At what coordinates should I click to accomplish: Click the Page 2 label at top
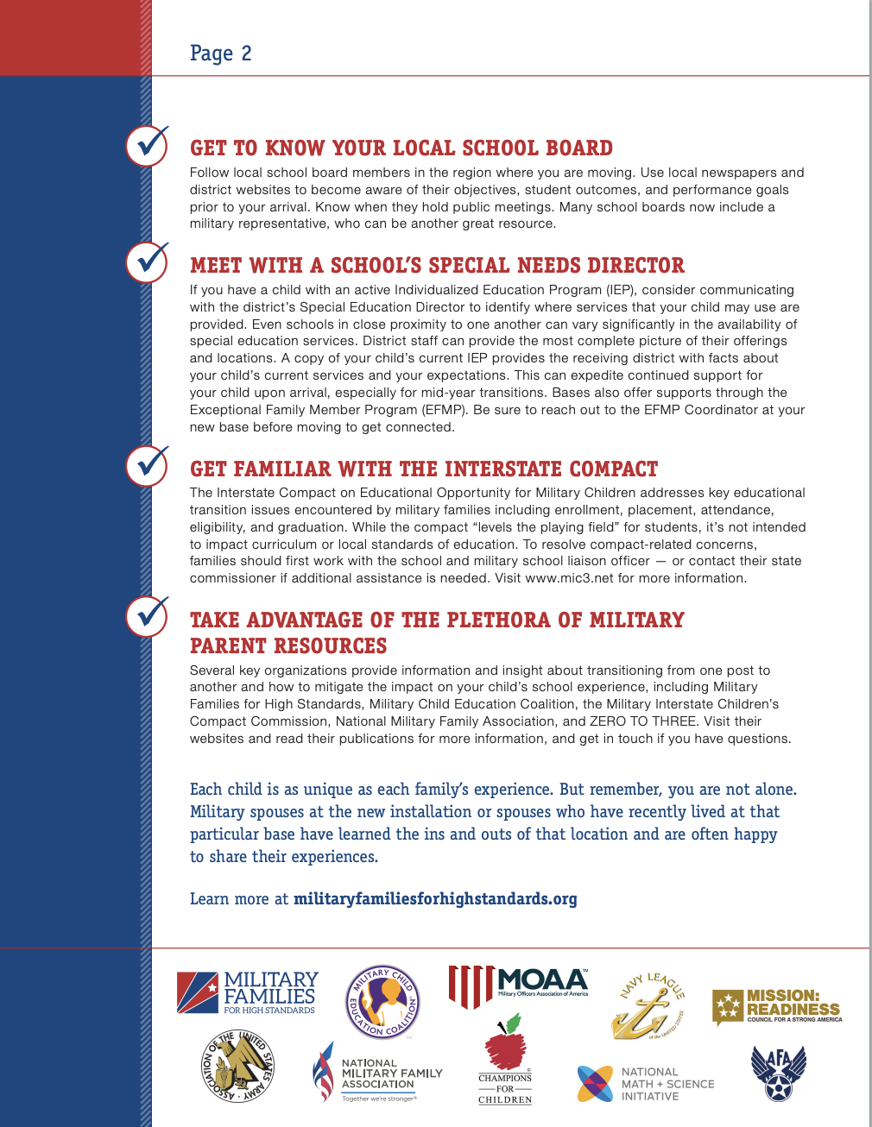coord(220,54)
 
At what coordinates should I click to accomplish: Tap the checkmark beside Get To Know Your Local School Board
coord(147,145)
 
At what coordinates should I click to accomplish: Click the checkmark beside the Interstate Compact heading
coord(147,466)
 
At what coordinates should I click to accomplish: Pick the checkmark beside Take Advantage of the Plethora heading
coord(147,616)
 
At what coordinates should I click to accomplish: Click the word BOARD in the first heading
coord(579,148)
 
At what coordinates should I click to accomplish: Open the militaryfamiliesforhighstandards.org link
coord(435,899)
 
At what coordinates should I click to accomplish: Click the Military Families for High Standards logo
coord(248,992)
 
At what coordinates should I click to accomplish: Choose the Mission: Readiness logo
coord(777,1006)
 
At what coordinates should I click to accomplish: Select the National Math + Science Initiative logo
coord(645,1084)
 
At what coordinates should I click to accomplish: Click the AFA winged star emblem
coord(778,1073)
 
